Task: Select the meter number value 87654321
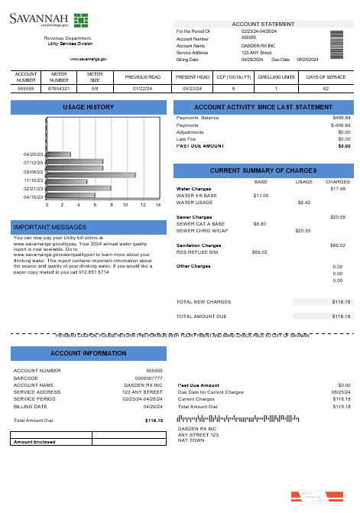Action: [x=59, y=89]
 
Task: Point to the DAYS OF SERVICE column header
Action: [x=326, y=78]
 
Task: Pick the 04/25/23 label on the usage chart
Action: [x=33, y=154]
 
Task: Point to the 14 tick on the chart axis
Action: [x=158, y=206]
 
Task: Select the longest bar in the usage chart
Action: [x=91, y=175]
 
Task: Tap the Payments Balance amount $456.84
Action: [x=341, y=118]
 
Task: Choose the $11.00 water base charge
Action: [x=261, y=196]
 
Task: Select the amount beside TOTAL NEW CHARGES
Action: [x=341, y=302]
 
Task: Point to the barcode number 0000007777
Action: [x=148, y=378]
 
